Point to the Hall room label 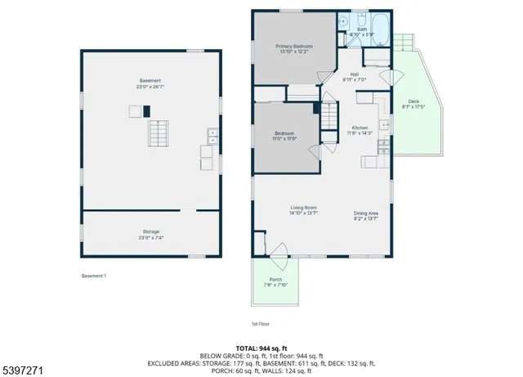point(355,74)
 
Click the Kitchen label point(360,128)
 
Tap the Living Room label point(303,209)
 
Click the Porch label point(275,280)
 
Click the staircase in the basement point(157,132)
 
